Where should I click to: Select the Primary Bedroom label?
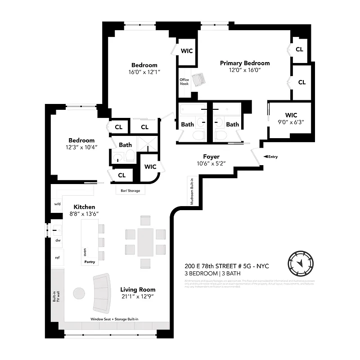[245, 63]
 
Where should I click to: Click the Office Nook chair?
[198, 80]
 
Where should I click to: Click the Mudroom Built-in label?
[191, 191]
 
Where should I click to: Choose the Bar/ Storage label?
[130, 191]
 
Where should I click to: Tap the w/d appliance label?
[58, 204]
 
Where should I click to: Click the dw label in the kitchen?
[58, 240]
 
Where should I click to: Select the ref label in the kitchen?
[57, 258]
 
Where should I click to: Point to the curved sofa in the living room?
[103, 293]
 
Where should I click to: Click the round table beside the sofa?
[79, 293]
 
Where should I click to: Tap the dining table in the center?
[145, 241]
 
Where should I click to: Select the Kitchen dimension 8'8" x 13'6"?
[83, 214]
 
